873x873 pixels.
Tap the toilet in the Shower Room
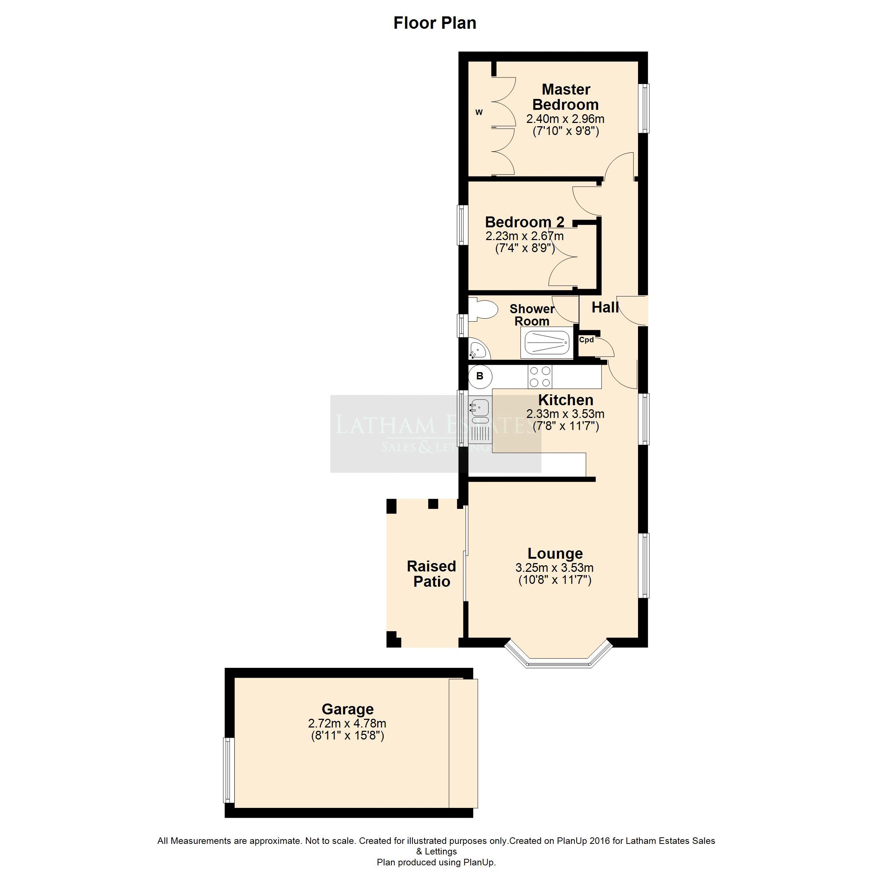(x=483, y=310)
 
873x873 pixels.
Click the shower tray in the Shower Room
(x=547, y=343)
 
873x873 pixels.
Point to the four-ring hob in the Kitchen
(x=540, y=377)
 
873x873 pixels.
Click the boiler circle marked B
(x=480, y=376)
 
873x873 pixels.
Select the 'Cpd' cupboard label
(x=586, y=340)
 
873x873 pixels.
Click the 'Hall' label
(x=605, y=308)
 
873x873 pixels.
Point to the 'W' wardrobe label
(x=479, y=112)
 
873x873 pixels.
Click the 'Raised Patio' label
(x=431, y=574)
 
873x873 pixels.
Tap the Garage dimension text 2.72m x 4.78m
(x=347, y=723)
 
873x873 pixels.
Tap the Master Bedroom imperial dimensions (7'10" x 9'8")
(x=566, y=131)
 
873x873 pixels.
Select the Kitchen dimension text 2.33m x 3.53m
(x=565, y=414)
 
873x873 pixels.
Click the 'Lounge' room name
(x=555, y=554)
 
